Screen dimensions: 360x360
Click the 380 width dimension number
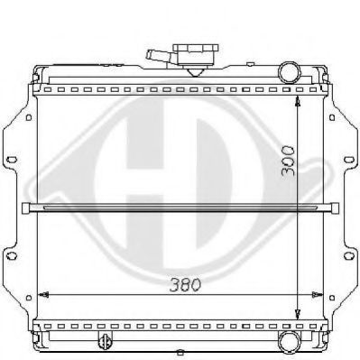(x=185, y=284)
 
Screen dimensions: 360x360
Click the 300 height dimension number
(x=288, y=161)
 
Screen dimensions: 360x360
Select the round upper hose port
(x=290, y=72)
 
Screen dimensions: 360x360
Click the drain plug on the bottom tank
(x=105, y=340)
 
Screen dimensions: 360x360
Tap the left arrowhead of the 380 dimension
(x=44, y=294)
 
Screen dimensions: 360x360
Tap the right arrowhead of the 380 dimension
(x=317, y=294)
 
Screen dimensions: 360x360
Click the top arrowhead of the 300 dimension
(x=298, y=101)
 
